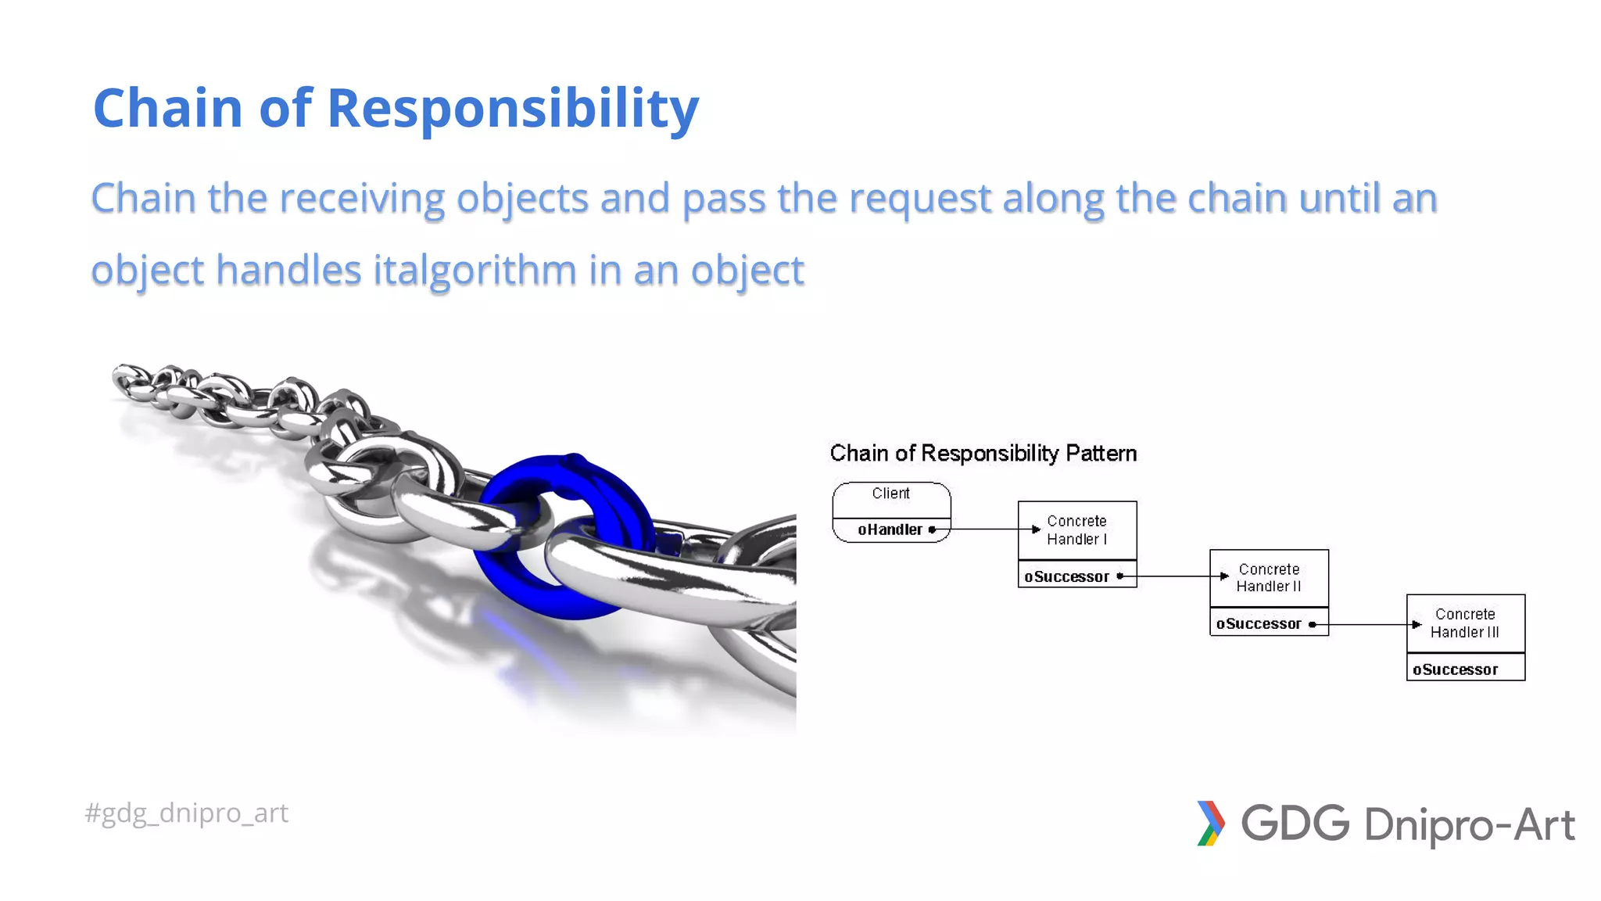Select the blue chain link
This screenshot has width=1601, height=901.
564,537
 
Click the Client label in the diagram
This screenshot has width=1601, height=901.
891,494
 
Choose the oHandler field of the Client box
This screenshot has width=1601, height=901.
890,529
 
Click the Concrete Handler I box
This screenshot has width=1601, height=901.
1076,530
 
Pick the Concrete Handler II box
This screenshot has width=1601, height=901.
1268,578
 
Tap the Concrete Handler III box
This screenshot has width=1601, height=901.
1465,623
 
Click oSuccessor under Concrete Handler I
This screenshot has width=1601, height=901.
1066,576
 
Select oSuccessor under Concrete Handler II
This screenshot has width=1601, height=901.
1259,623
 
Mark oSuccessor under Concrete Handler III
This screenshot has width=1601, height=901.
1456,669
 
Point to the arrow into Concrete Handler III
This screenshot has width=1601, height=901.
1368,624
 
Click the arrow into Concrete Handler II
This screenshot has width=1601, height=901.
1173,576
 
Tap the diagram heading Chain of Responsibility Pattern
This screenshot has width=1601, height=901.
983,454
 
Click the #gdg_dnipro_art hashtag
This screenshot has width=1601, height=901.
187,813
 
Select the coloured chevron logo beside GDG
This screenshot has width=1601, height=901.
1210,824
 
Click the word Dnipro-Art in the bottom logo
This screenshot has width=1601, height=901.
1469,825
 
